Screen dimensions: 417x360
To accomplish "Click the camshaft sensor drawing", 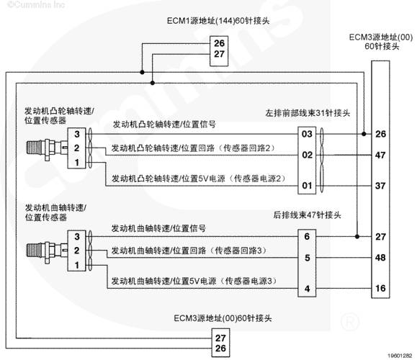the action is click(x=47, y=148).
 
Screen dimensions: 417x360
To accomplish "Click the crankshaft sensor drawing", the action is click(x=47, y=251).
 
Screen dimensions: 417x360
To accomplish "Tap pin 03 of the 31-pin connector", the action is click(x=307, y=134).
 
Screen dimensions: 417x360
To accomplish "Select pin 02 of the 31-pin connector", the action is click(x=307, y=155).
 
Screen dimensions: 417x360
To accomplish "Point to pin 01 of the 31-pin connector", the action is click(x=307, y=185).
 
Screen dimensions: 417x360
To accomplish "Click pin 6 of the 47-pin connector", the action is click(x=307, y=236).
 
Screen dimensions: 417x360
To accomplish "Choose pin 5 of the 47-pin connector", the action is click(x=307, y=258).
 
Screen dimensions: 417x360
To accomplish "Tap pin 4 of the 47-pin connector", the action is click(x=307, y=289).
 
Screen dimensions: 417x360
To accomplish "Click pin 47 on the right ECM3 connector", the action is click(x=380, y=155).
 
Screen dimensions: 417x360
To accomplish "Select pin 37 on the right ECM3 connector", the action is click(x=380, y=186).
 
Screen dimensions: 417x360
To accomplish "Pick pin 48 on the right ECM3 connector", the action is click(x=380, y=258).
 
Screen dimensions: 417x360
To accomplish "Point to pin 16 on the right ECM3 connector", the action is click(x=380, y=288).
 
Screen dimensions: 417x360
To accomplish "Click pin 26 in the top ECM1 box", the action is click(x=219, y=43).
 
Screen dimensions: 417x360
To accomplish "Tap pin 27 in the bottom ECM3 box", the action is click(x=220, y=338).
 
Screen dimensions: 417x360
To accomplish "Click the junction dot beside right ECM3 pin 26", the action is click(x=364, y=134).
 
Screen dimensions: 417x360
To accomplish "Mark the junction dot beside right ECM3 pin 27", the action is click(x=357, y=236).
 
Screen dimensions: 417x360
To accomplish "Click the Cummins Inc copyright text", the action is click(x=36, y=4).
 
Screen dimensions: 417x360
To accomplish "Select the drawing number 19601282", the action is click(x=400, y=356).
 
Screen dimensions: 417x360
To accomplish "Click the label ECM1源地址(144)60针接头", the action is click(x=218, y=21).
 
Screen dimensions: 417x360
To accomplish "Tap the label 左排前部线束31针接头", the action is click(x=308, y=113).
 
